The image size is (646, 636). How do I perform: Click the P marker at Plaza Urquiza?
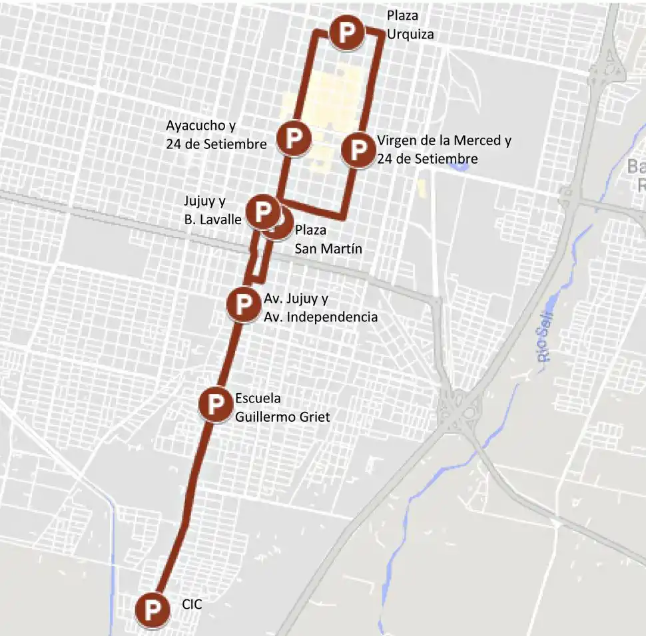(x=346, y=32)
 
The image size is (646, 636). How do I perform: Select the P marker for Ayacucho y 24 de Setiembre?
(x=294, y=138)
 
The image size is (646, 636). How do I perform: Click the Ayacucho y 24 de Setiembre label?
(x=216, y=134)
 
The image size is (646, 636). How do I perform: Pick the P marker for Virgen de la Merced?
(x=358, y=150)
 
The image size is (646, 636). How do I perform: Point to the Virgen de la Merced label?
(x=444, y=150)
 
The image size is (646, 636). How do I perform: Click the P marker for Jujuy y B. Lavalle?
(x=262, y=212)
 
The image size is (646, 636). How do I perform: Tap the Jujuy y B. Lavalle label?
(x=212, y=210)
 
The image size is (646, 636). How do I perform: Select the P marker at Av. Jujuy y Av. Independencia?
(x=244, y=303)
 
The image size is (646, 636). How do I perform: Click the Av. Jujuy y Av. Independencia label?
(x=320, y=307)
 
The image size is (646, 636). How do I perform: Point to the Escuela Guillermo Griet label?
(x=282, y=408)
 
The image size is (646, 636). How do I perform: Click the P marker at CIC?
(x=153, y=609)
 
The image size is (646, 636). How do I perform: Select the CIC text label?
(x=192, y=605)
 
